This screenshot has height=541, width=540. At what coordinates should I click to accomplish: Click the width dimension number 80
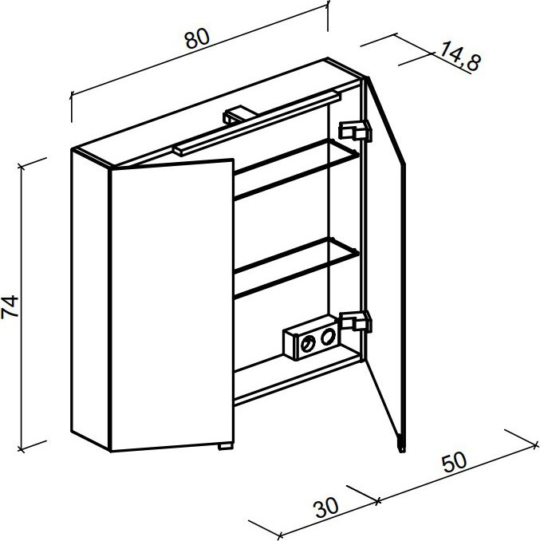click(197, 38)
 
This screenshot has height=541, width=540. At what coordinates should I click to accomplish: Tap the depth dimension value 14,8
click(460, 56)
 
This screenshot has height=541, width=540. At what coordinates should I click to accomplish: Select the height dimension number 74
click(10, 306)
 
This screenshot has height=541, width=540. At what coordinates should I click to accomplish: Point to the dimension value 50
click(455, 463)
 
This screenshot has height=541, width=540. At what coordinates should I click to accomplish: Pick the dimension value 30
click(325, 507)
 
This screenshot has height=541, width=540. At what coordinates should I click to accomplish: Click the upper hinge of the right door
click(355, 130)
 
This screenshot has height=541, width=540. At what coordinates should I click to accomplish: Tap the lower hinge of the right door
click(356, 321)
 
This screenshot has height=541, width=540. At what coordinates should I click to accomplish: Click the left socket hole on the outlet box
click(307, 344)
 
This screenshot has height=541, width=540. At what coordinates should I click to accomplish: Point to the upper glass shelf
click(297, 169)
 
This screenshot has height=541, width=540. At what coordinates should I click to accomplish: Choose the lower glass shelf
click(297, 267)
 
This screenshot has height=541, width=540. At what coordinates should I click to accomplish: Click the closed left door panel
click(172, 305)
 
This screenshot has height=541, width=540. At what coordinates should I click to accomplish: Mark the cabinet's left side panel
click(91, 298)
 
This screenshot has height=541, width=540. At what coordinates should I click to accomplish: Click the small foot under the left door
click(226, 447)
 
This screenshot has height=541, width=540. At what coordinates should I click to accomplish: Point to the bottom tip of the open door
click(402, 452)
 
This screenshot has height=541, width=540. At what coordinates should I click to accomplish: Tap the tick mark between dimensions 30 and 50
click(378, 501)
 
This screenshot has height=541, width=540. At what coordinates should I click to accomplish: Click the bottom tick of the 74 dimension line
click(22, 449)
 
